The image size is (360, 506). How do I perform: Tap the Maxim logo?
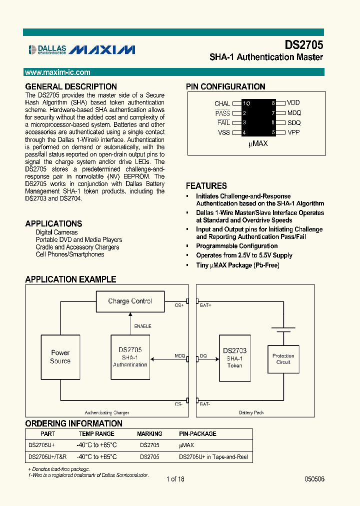click(102, 49)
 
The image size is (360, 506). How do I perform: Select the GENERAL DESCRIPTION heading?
click(71, 86)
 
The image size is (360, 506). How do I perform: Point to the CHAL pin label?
click(222, 103)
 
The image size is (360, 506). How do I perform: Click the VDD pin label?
click(293, 102)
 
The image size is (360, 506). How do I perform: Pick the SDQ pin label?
click(294, 122)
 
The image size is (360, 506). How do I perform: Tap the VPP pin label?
click(293, 132)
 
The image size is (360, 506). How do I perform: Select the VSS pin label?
click(223, 132)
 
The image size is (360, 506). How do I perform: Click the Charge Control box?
click(129, 301)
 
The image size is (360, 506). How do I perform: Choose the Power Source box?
click(60, 357)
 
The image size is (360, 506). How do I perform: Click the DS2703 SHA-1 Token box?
click(234, 358)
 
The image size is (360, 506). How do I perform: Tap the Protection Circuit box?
click(283, 359)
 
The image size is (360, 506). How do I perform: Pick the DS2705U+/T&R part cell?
click(47, 457)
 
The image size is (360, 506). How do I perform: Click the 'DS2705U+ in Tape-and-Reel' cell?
click(213, 457)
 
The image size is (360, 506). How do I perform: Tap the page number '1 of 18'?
click(175, 479)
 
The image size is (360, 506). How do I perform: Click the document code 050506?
click(314, 479)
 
